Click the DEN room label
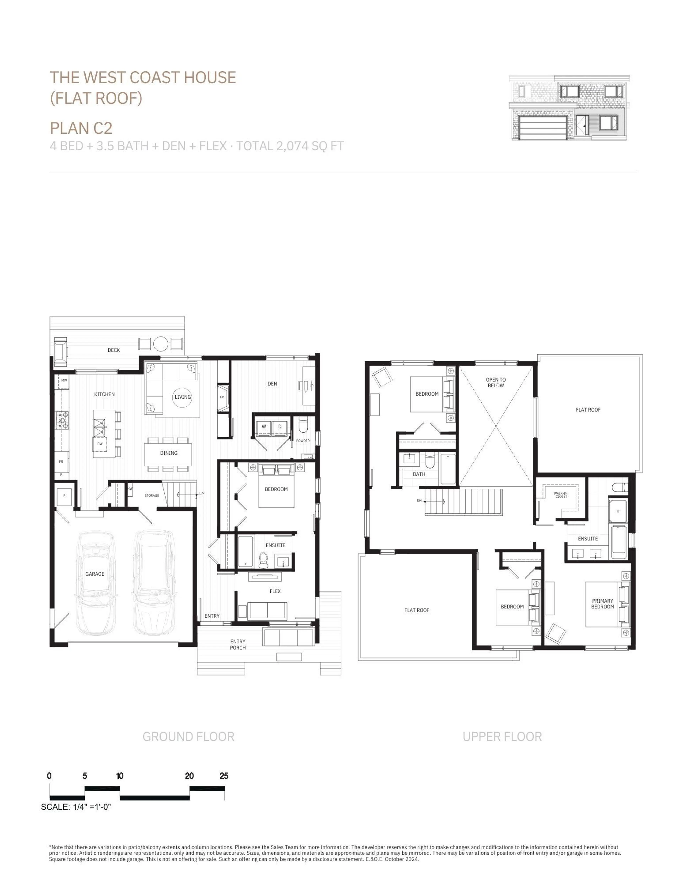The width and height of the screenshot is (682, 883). tap(272, 384)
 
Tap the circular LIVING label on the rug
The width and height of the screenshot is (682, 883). tap(182, 397)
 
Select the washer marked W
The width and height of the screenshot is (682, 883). tap(264, 426)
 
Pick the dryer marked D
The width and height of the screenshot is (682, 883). tap(280, 426)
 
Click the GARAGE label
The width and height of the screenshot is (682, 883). tap(95, 574)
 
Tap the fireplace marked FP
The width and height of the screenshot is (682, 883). tap(222, 397)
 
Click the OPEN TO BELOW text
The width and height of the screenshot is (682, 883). tap(496, 382)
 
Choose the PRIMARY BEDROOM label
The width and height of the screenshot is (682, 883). tap(602, 604)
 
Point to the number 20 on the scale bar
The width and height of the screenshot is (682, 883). tap(189, 776)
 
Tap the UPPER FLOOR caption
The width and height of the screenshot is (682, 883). tap(502, 737)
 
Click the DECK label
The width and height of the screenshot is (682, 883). tap(114, 350)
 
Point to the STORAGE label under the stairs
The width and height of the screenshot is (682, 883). tap(152, 496)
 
